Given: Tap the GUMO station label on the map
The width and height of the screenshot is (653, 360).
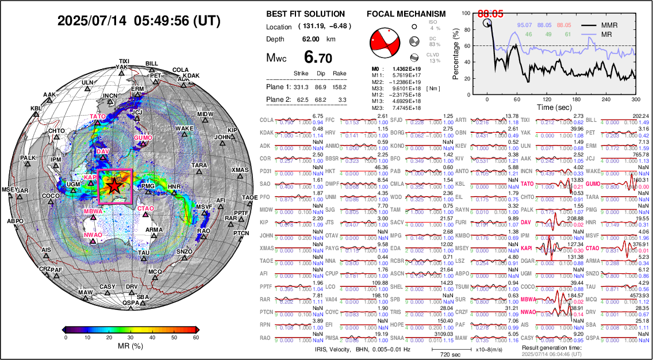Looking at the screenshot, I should pos(143,138).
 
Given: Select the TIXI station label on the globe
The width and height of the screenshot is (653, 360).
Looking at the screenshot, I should pos(124,61).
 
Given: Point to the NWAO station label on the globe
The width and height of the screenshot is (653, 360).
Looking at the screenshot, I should pos(93,235).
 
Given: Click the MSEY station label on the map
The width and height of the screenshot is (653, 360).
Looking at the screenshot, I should pos(10,189).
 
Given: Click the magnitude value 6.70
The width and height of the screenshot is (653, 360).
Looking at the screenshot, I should pos(318,58).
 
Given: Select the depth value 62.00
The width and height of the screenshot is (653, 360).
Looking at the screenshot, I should pos(311,39).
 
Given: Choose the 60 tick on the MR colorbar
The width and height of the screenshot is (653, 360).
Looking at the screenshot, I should pos(195,338).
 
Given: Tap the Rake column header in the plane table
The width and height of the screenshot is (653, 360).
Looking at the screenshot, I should pos(339,74).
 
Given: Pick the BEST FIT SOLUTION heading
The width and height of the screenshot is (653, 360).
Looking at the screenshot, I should pos(306,14).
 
